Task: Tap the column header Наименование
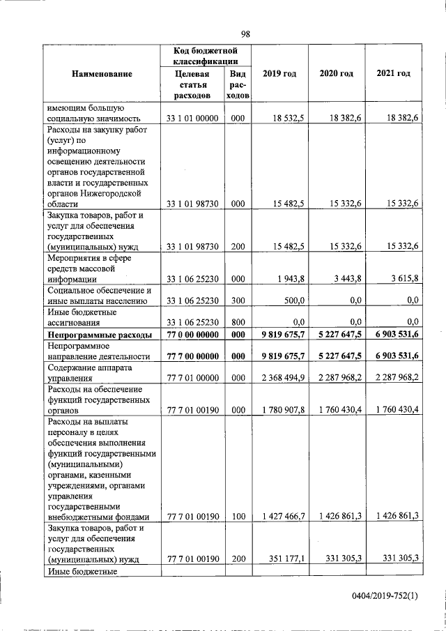point(102,73)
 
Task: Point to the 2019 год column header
point(279,73)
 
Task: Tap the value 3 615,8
point(404,279)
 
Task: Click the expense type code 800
point(238,322)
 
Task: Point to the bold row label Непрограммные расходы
point(100,335)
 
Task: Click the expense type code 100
point(238,516)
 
